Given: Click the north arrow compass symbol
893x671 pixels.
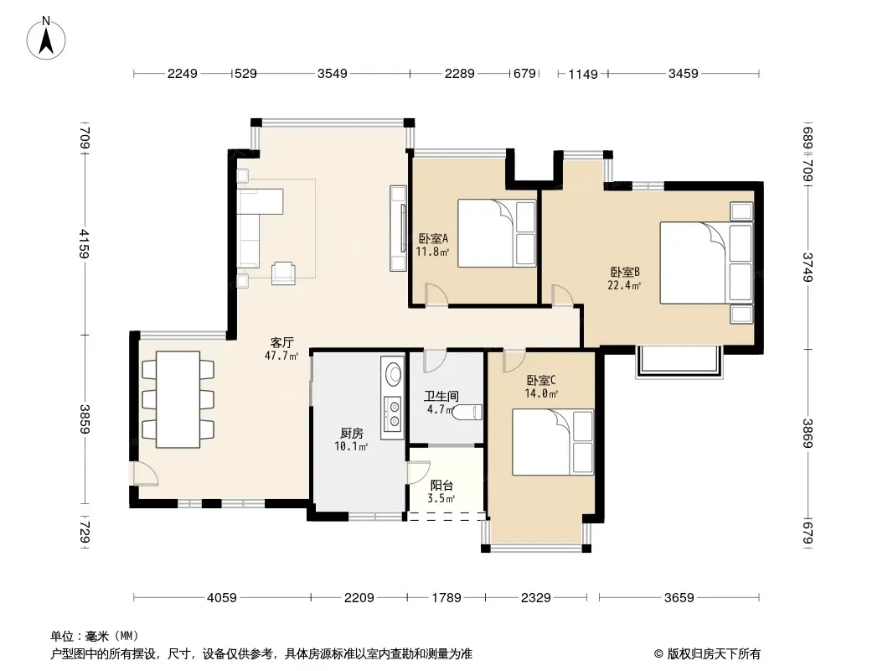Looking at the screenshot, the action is pos(46,39).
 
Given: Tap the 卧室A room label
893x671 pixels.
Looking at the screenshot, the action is pos(433,238).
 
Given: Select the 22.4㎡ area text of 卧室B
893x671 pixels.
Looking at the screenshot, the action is pos(624,285).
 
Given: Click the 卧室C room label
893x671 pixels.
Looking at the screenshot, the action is pos(541,380).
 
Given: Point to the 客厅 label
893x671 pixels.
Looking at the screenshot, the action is pos(282,342).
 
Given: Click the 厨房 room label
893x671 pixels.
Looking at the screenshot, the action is pos(351,434).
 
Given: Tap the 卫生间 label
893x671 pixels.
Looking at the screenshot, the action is pos(441,396).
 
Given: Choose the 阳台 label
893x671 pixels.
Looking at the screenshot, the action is pos(441,485).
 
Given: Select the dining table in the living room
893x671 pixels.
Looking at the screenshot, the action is pos(178,399).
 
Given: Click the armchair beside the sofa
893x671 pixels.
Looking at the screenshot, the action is pos(284,273).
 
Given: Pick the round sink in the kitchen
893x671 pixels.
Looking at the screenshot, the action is pos(393,374).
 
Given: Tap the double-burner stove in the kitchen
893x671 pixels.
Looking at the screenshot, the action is pos(393,414).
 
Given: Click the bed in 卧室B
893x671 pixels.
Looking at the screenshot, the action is pos(706,263).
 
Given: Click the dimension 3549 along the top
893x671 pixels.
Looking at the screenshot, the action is pos(332,74).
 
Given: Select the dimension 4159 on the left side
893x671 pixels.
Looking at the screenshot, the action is pos(85,243).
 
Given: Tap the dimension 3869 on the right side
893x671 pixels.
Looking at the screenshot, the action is pos(808,434).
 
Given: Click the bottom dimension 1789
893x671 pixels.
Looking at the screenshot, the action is pos(446,597).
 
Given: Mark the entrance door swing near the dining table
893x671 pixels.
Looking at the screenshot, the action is pos(142,473).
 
